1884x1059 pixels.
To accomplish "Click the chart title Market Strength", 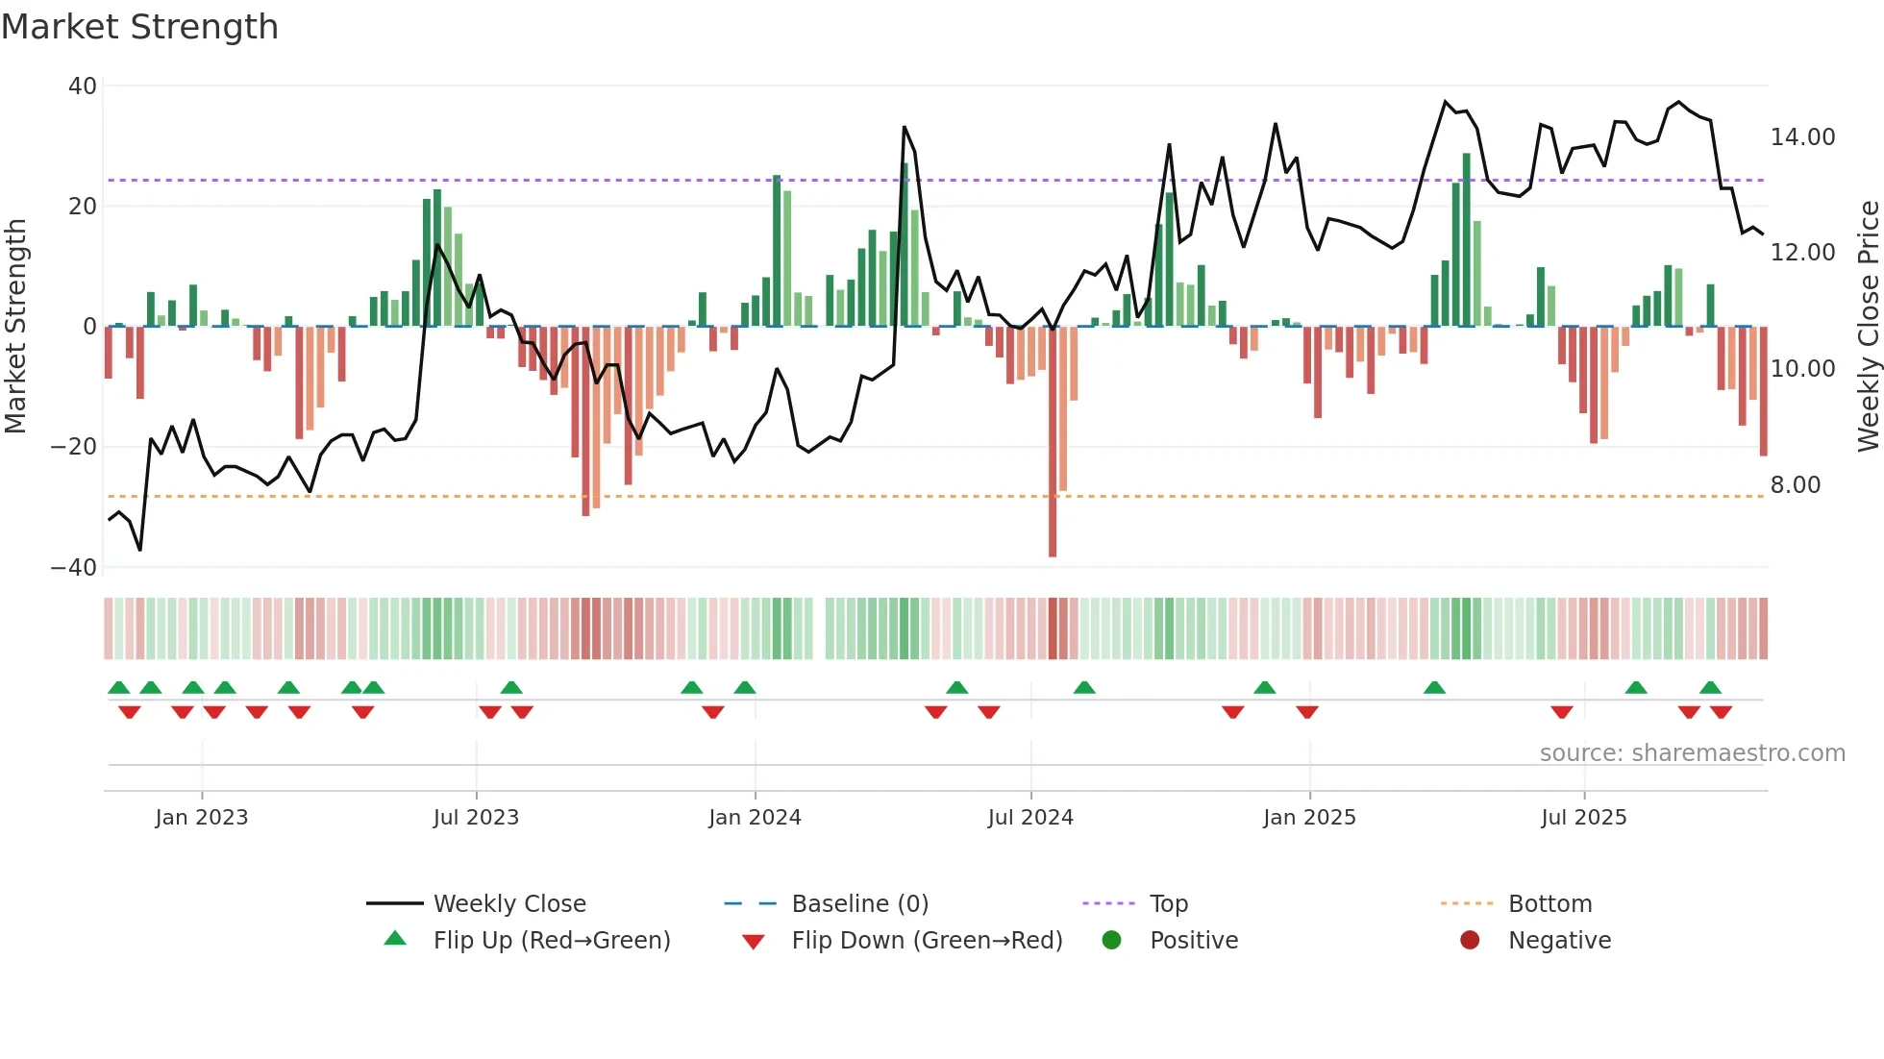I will pos(139,27).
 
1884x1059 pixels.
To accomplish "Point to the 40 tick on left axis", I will pos(83,86).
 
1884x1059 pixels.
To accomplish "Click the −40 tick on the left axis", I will pos(74,568).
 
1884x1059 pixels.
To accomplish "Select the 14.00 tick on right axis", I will pos(1802,137).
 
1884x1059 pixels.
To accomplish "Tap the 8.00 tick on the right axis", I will pos(1795,485).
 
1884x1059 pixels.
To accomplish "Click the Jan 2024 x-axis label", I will pos(755,818).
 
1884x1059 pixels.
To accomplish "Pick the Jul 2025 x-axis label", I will pos(1583,818).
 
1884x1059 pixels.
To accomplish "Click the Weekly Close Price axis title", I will pos(1868,327).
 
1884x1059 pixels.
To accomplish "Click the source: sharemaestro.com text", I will pos(1692,753).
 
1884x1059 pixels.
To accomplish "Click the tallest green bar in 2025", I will pos(1467,240).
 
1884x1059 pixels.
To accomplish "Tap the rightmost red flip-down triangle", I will pos(1721,712).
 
